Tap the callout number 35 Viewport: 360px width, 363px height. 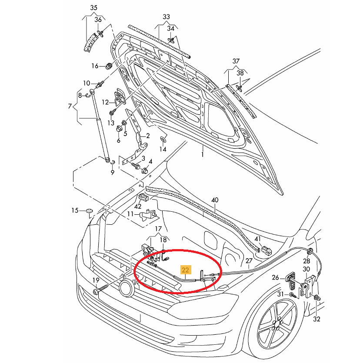point(94,8)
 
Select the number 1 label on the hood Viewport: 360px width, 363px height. point(202,154)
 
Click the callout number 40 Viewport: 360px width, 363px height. point(215,200)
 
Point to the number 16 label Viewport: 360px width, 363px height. point(95,66)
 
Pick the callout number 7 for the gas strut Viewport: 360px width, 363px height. point(70,107)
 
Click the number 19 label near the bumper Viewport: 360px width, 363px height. point(95,280)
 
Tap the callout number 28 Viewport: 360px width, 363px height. point(307,261)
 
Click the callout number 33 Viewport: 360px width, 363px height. point(167,17)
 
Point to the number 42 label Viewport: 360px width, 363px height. point(138,207)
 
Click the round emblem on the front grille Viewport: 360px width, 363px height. point(127,288)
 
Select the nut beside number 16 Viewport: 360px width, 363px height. point(108,66)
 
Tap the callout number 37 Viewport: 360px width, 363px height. point(236,60)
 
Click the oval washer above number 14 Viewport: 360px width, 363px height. point(163,139)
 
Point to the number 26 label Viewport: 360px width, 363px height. point(275,277)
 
